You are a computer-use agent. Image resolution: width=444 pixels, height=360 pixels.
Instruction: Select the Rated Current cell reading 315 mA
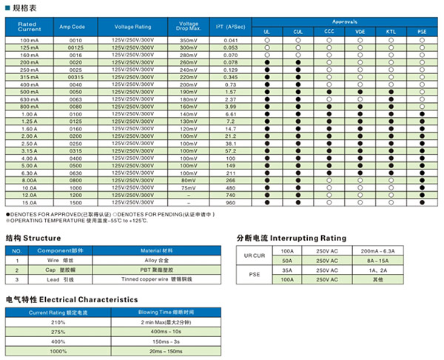30,77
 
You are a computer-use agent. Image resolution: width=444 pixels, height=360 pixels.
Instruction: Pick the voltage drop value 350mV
189,39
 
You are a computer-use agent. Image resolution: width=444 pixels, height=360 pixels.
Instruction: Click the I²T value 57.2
231,150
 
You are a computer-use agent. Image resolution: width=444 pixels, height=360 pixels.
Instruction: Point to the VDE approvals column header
360,31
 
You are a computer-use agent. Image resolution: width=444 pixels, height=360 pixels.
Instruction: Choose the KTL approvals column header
391,31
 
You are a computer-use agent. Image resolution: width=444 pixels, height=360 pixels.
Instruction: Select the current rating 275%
58,333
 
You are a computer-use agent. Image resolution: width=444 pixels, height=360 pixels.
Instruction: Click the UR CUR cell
255,256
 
